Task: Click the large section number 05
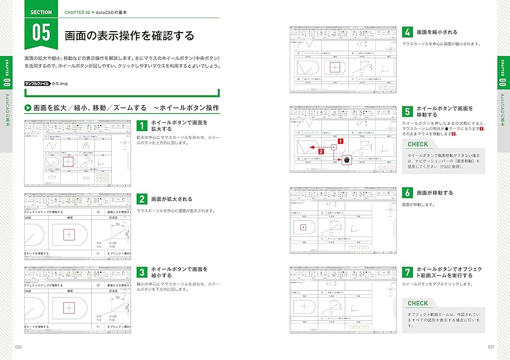pyautogui.click(x=41, y=32)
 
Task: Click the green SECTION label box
pyautogui.click(x=41, y=12)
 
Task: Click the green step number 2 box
pyautogui.click(x=142, y=199)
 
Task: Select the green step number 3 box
pyautogui.click(x=142, y=272)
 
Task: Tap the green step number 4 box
pyautogui.click(x=407, y=32)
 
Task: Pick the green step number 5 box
pyautogui.click(x=407, y=112)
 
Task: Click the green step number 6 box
pyautogui.click(x=407, y=193)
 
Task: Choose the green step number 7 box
pyautogui.click(x=407, y=272)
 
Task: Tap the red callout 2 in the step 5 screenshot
pyautogui.click(x=320, y=151)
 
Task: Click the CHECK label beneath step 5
pyautogui.click(x=418, y=144)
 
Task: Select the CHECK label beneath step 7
pyautogui.click(x=418, y=303)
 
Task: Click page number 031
pyautogui.click(x=491, y=347)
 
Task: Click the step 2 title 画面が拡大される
pyautogui.click(x=172, y=199)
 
